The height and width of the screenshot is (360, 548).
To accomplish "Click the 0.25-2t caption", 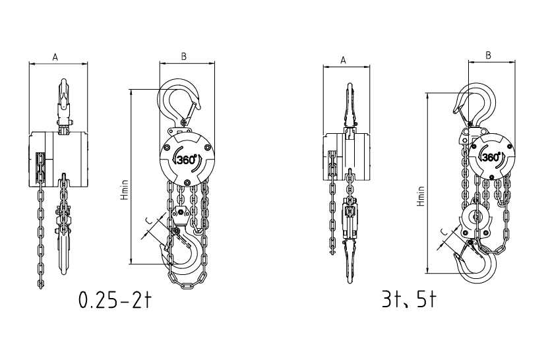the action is tap(115, 299).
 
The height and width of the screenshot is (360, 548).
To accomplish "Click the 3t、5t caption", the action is tap(410, 299).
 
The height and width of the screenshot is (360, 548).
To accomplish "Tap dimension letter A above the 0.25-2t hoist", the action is tap(55, 57).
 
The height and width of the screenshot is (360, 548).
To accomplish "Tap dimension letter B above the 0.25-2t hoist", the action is tap(184, 57).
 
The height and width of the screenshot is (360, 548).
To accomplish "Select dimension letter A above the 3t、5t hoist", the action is tap(343, 60).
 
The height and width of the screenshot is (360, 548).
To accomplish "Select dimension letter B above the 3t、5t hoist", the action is tap(488, 55).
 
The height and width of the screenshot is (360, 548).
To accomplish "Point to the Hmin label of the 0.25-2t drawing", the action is tap(125, 190).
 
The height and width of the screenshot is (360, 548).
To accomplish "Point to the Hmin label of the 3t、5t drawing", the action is tap(421, 196).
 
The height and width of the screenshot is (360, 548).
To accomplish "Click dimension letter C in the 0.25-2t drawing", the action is tap(149, 221).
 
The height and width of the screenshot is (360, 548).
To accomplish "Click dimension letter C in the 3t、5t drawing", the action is tap(443, 231).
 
